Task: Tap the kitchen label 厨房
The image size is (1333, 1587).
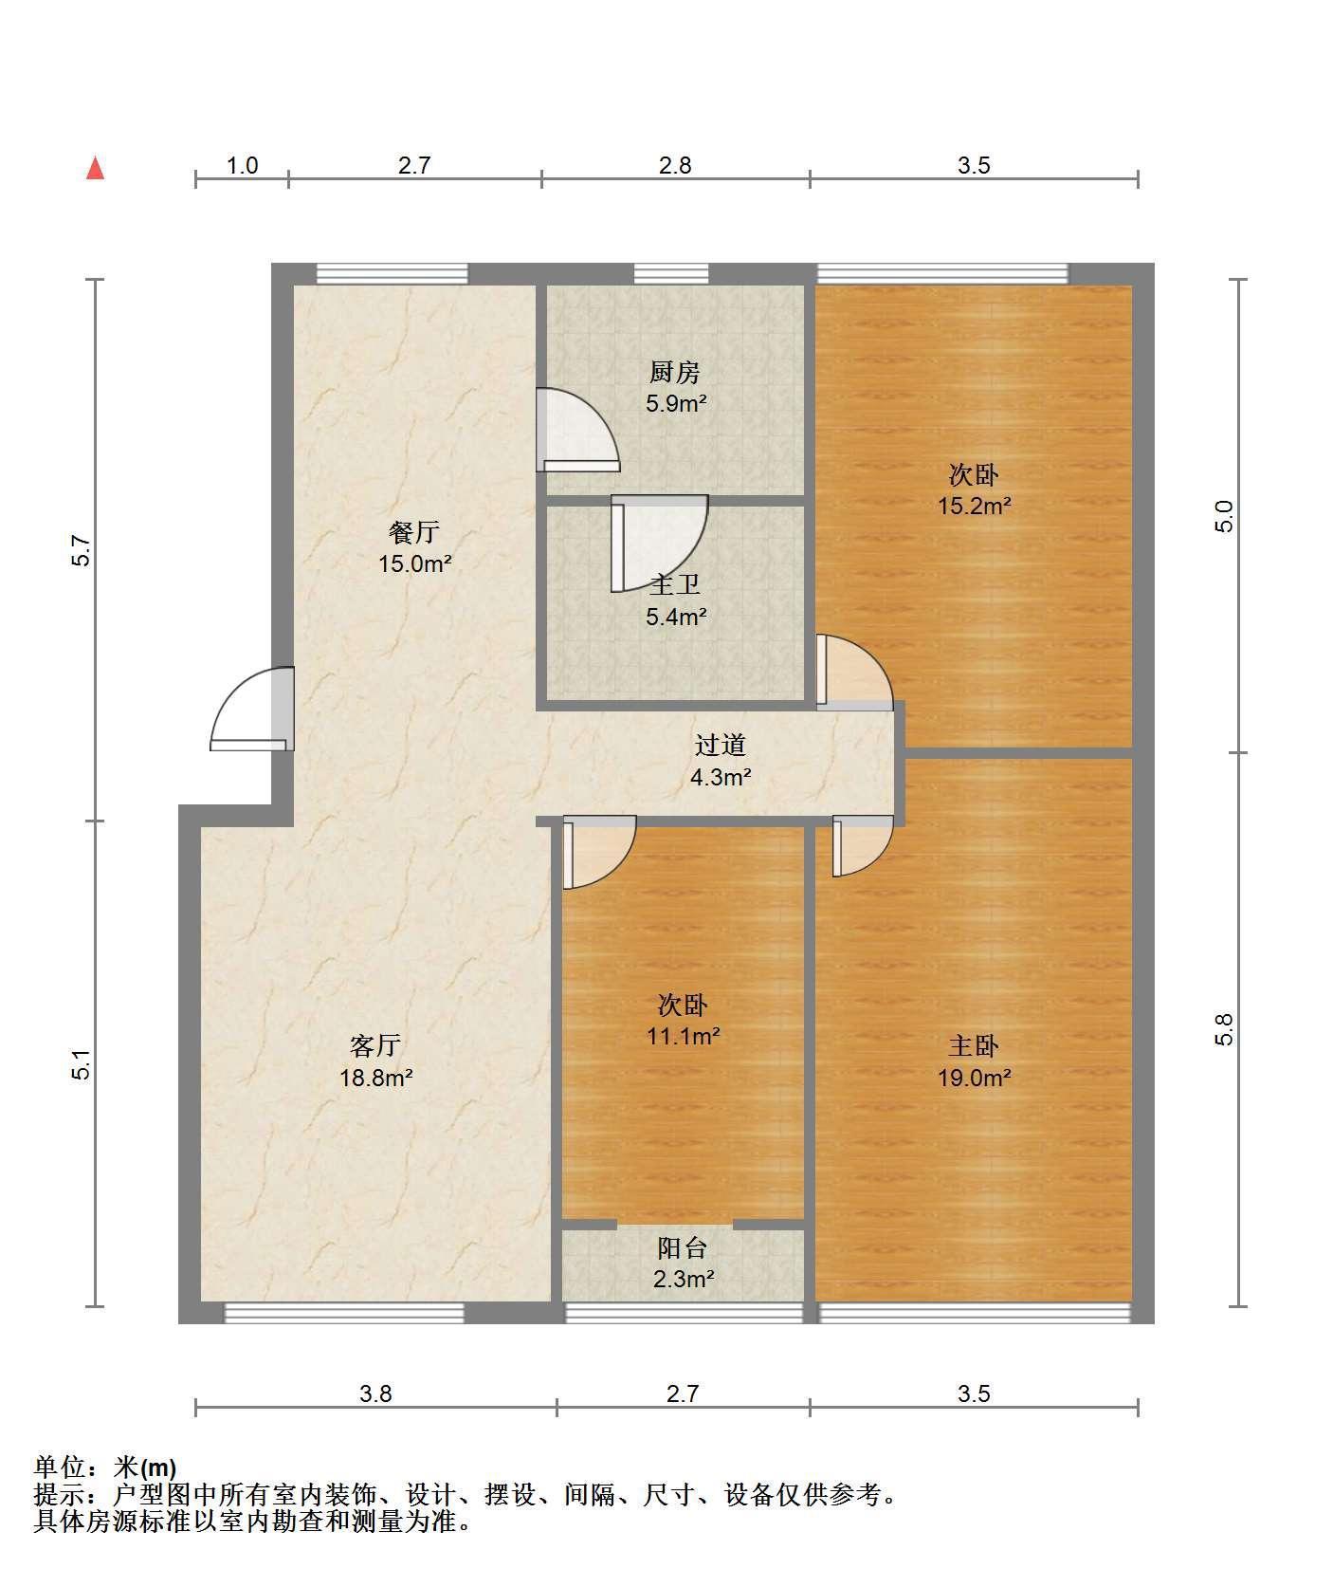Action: tap(675, 372)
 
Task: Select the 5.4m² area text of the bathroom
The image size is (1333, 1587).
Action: tap(676, 618)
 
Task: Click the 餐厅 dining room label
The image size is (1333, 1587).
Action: tap(414, 531)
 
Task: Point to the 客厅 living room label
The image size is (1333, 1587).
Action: tap(375, 1045)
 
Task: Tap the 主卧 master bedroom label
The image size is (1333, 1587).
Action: tap(974, 1045)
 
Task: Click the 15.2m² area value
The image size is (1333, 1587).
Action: tap(974, 506)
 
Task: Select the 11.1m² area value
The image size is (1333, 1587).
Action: tap(683, 1036)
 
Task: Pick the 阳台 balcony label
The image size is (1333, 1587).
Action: tap(683, 1248)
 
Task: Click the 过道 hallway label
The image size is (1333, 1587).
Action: tap(721, 746)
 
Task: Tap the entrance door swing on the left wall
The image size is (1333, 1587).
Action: tap(252, 709)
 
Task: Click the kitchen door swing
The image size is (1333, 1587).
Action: tap(577, 430)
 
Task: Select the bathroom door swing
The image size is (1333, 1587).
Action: tap(659, 543)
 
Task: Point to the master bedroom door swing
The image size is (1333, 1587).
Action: tap(863, 846)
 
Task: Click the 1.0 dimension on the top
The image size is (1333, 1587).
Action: tap(242, 165)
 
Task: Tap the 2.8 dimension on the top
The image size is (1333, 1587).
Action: tap(675, 165)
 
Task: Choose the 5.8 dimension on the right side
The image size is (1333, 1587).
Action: tap(1224, 1029)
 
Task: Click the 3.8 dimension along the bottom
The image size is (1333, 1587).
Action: tap(375, 1393)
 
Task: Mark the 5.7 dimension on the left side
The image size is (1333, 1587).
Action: tap(82, 551)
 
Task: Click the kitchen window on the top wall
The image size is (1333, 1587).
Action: tap(671, 274)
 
